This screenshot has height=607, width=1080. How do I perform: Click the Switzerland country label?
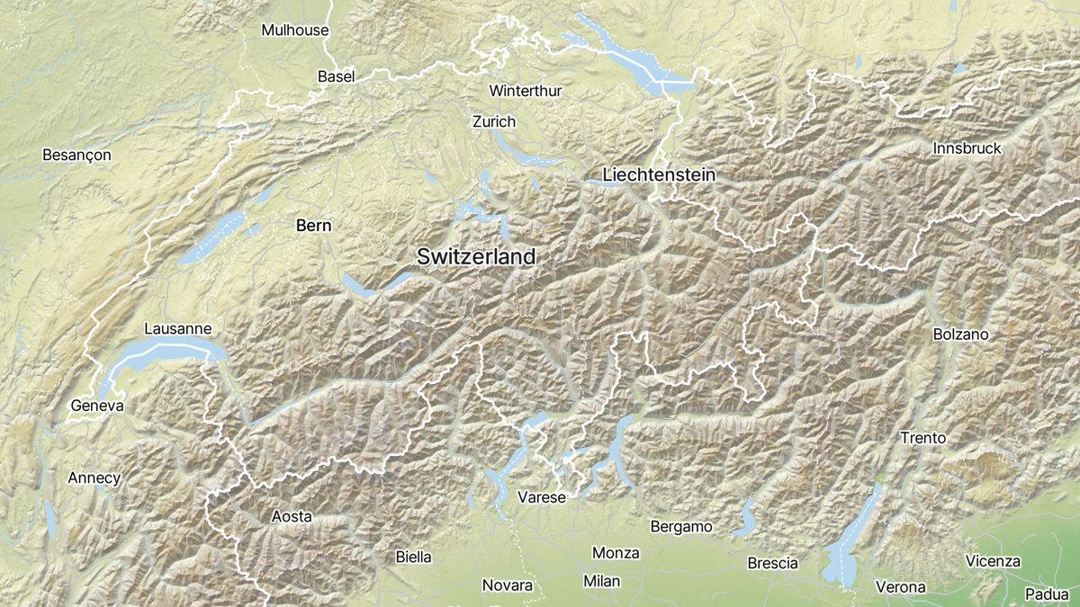(476, 256)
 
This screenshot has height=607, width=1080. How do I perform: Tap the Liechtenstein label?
(660, 174)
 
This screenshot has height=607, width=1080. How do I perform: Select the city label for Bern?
(313, 226)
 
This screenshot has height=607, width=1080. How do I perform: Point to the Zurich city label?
(494, 121)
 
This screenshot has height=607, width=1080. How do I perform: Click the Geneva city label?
(96, 406)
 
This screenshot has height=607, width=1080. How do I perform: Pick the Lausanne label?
(178, 329)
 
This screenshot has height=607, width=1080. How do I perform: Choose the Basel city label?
(337, 76)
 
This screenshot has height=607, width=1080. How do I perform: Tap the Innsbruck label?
(967, 148)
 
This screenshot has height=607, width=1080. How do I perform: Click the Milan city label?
(601, 581)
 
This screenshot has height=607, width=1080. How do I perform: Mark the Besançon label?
(76, 155)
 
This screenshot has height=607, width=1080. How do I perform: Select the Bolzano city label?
(961, 334)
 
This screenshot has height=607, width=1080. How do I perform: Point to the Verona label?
(900, 587)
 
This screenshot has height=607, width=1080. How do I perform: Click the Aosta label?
(292, 516)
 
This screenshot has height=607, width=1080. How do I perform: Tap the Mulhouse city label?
(294, 30)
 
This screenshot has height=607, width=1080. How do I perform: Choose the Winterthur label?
(525, 91)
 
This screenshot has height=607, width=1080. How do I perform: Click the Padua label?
(1047, 594)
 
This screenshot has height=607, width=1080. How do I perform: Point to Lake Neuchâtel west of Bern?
(211, 240)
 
